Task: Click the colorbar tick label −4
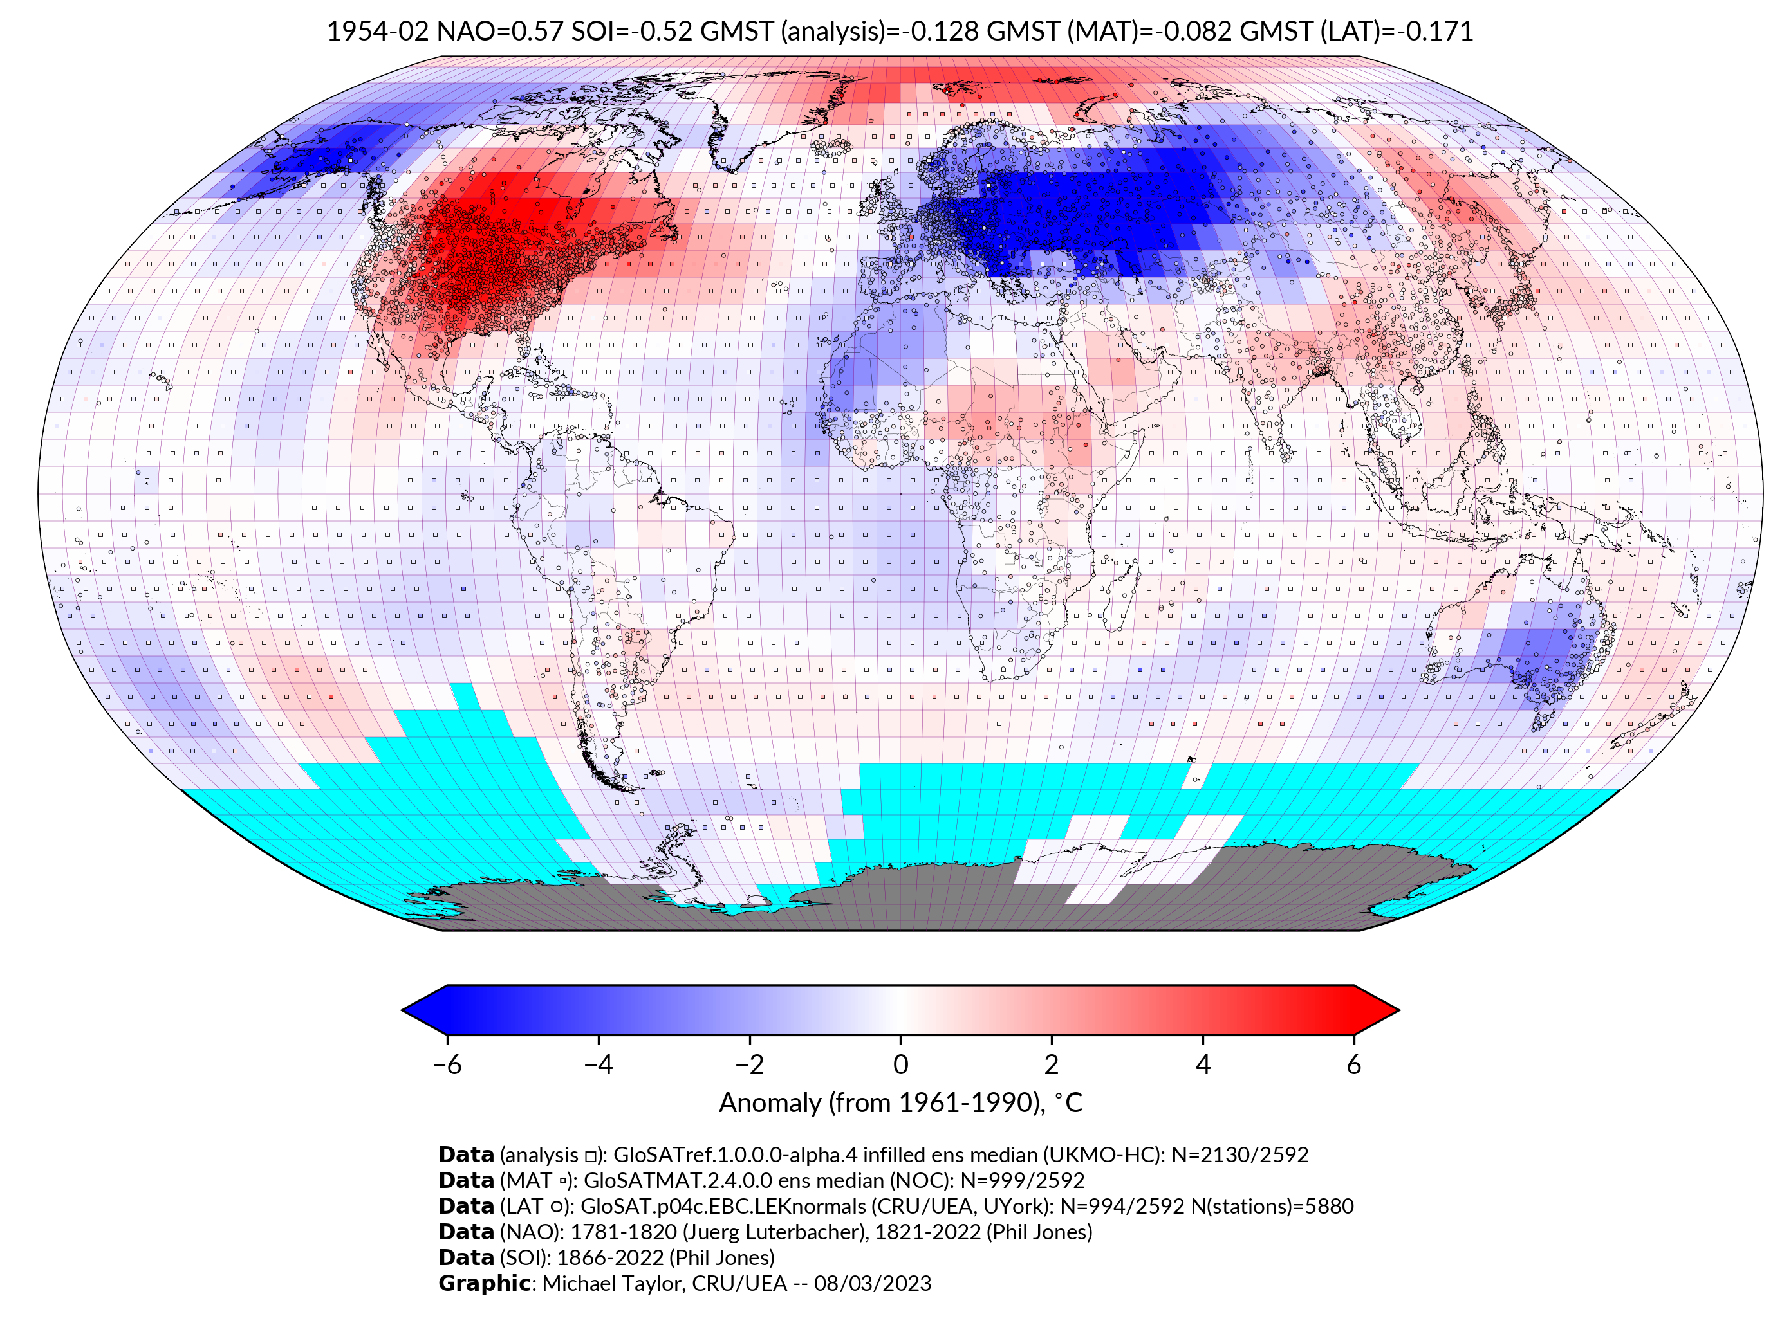click(x=598, y=1064)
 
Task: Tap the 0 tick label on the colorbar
click(x=900, y=1064)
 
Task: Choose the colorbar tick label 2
click(x=1052, y=1064)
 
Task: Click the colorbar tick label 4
click(x=1203, y=1064)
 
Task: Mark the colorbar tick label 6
click(x=1354, y=1064)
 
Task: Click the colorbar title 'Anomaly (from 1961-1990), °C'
click(x=900, y=1103)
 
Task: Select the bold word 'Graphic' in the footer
click(x=484, y=1284)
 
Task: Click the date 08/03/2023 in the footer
click(x=873, y=1284)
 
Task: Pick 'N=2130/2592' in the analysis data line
click(x=1239, y=1155)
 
